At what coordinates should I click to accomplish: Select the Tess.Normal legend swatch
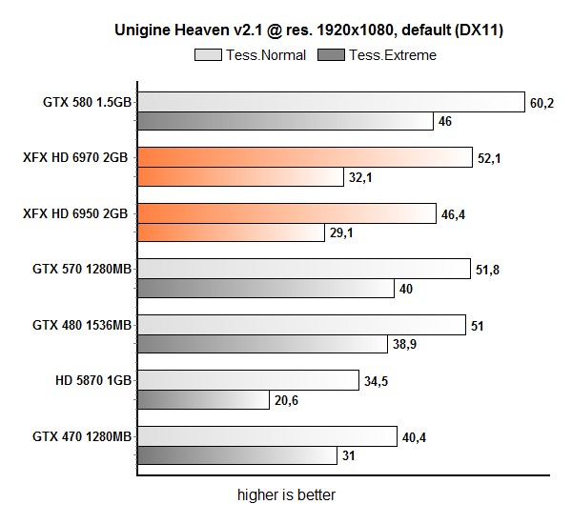(x=209, y=54)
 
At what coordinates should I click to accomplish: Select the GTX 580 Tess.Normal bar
(x=331, y=103)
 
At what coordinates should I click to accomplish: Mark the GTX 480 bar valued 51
(x=301, y=325)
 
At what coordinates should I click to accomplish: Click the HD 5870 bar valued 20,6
(x=203, y=399)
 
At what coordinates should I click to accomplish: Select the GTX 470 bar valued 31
(x=236, y=455)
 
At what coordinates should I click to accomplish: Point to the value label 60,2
(x=541, y=103)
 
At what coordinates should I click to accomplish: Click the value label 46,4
(x=453, y=214)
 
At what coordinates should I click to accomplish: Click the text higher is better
(x=286, y=495)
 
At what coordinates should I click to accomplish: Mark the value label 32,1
(x=360, y=177)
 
